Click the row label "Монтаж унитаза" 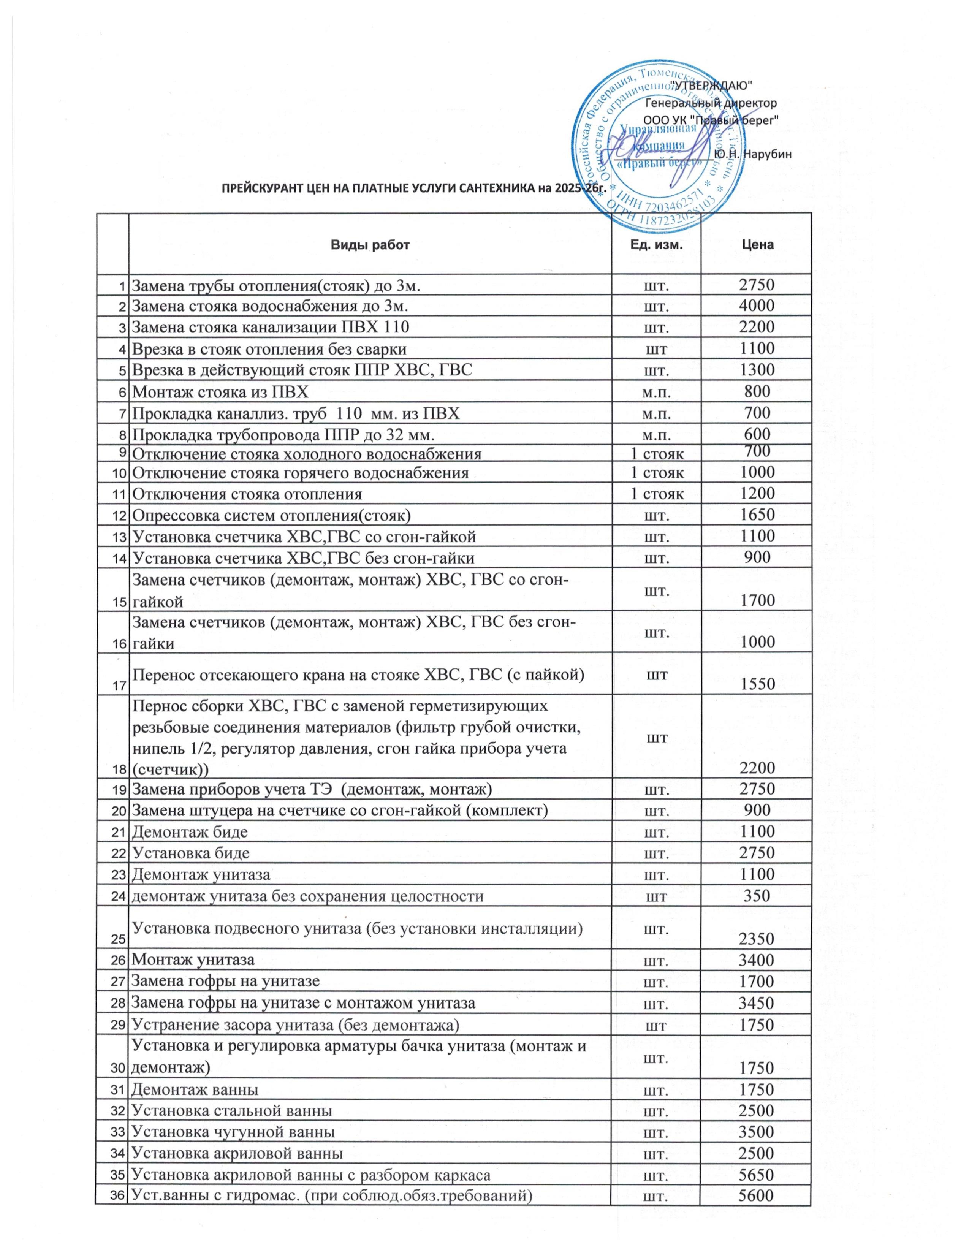pos(193,959)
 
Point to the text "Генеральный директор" pos(711,103)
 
